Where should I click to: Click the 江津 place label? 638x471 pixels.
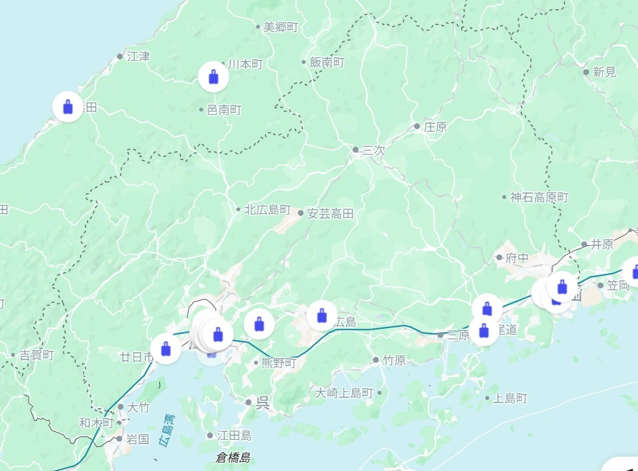click(138, 56)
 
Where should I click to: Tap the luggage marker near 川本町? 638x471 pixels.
click(214, 77)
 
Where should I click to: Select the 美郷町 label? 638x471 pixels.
click(280, 27)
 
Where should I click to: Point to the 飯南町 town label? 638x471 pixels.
click(327, 63)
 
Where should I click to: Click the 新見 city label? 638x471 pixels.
click(605, 72)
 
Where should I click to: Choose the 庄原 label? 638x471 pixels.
click(435, 127)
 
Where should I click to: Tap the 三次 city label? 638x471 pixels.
click(374, 150)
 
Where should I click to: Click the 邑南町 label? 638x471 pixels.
click(224, 110)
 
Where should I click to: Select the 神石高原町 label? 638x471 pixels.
click(539, 197)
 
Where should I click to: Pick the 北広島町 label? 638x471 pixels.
click(267, 210)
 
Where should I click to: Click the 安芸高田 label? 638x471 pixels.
click(330, 213)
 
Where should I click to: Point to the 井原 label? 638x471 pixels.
click(602, 245)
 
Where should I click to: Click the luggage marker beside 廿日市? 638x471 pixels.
click(166, 348)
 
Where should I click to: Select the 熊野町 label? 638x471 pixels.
click(279, 363)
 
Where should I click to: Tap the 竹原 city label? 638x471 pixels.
click(394, 360)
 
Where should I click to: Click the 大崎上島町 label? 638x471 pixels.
click(344, 393)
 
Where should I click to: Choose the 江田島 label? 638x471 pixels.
click(234, 435)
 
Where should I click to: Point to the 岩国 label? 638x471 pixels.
click(137, 438)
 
